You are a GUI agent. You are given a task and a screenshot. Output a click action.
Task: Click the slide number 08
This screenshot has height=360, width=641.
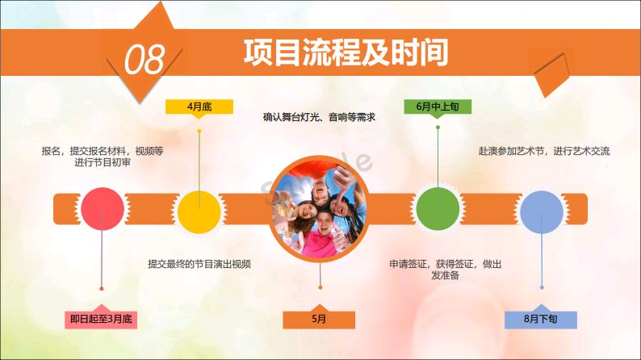pyautogui.click(x=145, y=60)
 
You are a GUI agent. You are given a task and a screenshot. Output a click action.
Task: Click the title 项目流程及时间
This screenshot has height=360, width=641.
pyautogui.click(x=346, y=52)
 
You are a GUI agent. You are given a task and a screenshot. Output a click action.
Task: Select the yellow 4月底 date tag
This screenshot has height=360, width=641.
pyautogui.click(x=199, y=107)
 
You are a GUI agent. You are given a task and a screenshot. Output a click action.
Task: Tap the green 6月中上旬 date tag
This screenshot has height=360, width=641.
pyautogui.click(x=438, y=107)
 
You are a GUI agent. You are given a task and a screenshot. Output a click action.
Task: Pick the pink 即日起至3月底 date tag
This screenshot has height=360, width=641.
pyautogui.click(x=101, y=318)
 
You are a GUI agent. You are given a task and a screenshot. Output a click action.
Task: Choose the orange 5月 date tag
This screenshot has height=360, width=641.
pyautogui.click(x=319, y=318)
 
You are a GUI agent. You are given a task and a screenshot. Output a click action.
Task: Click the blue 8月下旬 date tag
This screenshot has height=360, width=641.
pyautogui.click(x=541, y=318)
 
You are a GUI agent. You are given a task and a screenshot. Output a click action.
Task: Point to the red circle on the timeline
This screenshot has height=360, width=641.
pyautogui.click(x=103, y=209)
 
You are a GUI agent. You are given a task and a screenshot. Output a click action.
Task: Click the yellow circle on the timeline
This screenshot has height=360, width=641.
pyautogui.click(x=199, y=212)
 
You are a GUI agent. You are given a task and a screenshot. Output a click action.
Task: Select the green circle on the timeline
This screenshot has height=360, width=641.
pyautogui.click(x=438, y=209)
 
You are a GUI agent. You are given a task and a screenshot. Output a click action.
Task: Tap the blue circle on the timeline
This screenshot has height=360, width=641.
pyautogui.click(x=542, y=212)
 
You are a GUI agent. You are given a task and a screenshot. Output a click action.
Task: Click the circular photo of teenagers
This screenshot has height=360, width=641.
pyautogui.click(x=319, y=209)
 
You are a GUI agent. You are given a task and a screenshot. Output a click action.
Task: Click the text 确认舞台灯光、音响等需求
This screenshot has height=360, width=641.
pyautogui.click(x=319, y=117)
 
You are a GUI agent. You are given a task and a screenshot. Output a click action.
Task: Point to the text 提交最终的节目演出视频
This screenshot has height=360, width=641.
pyautogui.click(x=199, y=264)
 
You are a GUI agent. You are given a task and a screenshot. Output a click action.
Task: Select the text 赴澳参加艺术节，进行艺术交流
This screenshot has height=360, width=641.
pyautogui.click(x=544, y=151)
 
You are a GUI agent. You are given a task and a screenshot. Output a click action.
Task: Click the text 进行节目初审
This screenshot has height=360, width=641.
pyautogui.click(x=103, y=162)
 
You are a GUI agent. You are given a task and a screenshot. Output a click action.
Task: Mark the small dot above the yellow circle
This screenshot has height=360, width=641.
pyautogui.click(x=199, y=132)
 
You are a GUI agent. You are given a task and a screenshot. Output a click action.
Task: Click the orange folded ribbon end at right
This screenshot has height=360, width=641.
pyautogui.click(x=553, y=75)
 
